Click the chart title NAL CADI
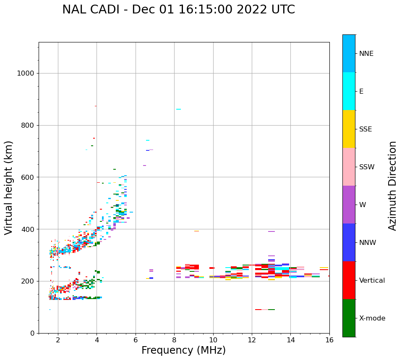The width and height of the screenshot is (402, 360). pyautogui.click(x=178, y=10)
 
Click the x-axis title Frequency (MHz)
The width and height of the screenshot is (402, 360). pyautogui.click(x=183, y=350)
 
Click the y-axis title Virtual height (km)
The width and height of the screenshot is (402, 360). pyautogui.click(x=9, y=188)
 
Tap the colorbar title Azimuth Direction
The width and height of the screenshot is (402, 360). pyautogui.click(x=392, y=186)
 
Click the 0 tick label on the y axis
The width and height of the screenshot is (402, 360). pyautogui.click(x=32, y=333)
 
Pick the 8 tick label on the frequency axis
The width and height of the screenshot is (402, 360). pyautogui.click(x=174, y=340)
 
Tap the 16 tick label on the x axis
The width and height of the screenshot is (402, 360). pyautogui.click(x=329, y=340)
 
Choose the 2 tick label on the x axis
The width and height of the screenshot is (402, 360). pyautogui.click(x=58, y=340)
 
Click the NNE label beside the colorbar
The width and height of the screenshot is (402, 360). pyautogui.click(x=366, y=54)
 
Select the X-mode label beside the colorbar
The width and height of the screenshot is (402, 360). pyautogui.click(x=372, y=318)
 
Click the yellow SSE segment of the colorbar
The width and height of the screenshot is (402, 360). pyautogui.click(x=349, y=129)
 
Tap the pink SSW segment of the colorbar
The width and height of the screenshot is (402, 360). pyautogui.click(x=349, y=167)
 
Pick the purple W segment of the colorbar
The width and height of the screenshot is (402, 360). pyautogui.click(x=349, y=205)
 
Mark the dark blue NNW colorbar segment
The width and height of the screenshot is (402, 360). pyautogui.click(x=349, y=242)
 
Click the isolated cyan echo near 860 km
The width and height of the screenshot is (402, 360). pyautogui.click(x=178, y=109)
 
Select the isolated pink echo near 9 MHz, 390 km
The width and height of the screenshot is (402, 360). pyautogui.click(x=196, y=231)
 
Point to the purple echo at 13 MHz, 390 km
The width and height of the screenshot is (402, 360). pyautogui.click(x=271, y=231)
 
